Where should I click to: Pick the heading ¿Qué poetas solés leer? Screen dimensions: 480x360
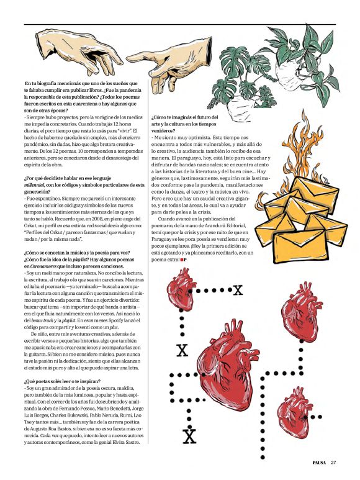coord(56,379)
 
